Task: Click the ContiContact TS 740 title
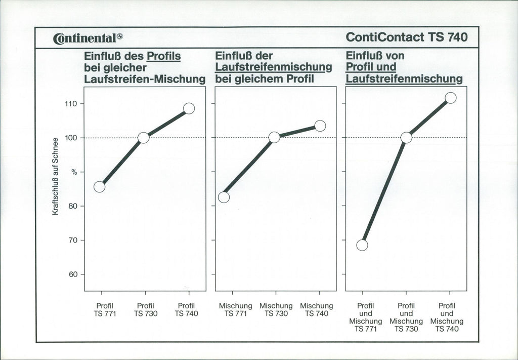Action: [x=407, y=37]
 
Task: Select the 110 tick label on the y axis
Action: [x=70, y=104]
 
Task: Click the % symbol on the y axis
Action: [x=74, y=172]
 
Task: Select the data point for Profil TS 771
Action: [x=100, y=187]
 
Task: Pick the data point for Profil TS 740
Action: [x=189, y=108]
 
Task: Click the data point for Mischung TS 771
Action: [x=224, y=197]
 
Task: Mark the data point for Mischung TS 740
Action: [x=320, y=126]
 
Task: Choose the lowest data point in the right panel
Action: [x=362, y=245]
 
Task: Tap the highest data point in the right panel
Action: [x=451, y=98]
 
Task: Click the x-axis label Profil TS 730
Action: [x=146, y=310]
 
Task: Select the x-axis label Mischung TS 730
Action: [x=276, y=310]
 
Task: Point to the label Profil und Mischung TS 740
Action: [x=447, y=317]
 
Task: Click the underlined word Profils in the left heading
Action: [x=163, y=56]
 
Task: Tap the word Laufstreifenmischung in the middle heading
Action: [x=274, y=67]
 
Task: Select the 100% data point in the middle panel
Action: [x=274, y=137]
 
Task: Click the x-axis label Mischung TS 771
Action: [x=235, y=310]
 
